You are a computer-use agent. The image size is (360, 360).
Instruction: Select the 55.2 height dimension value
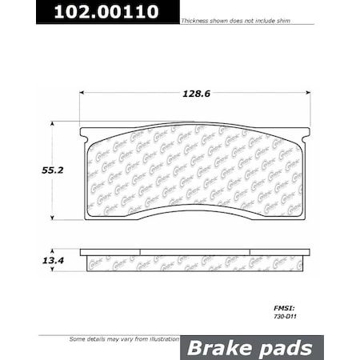(26, 169)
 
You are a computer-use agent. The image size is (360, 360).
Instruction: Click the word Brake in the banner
(214, 347)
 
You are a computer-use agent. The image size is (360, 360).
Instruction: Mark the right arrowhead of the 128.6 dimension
(308, 93)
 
